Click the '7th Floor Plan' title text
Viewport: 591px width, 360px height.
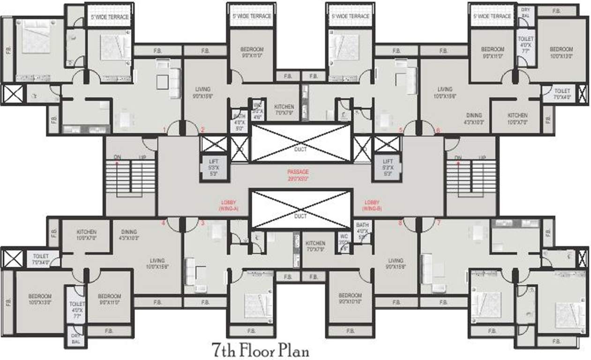pyautogui.click(x=260, y=350)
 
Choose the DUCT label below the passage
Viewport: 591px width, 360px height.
pyautogui.click(x=300, y=216)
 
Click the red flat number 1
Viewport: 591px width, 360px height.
pyautogui.click(x=164, y=130)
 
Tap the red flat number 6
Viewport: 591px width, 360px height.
pyautogui.click(x=438, y=130)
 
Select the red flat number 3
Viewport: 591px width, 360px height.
pyautogui.click(x=203, y=223)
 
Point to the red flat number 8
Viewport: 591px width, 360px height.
pyautogui.click(x=400, y=223)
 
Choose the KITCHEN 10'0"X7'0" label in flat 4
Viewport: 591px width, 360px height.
pyautogui.click(x=86, y=235)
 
